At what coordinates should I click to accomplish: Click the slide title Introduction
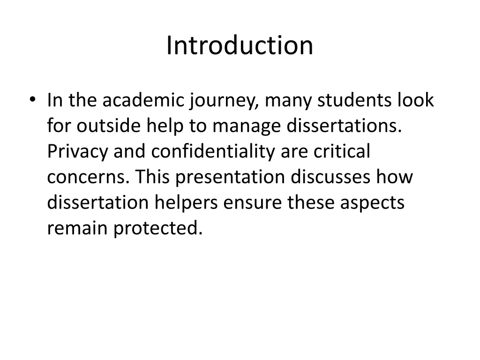240,45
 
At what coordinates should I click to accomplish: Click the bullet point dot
32,99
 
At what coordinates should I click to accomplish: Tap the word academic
143,100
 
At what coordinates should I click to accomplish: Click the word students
354,100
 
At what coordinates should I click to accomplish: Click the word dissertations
344,126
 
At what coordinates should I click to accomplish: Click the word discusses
330,177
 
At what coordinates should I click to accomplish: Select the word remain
77,228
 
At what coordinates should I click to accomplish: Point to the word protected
158,229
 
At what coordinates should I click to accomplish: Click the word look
415,100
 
